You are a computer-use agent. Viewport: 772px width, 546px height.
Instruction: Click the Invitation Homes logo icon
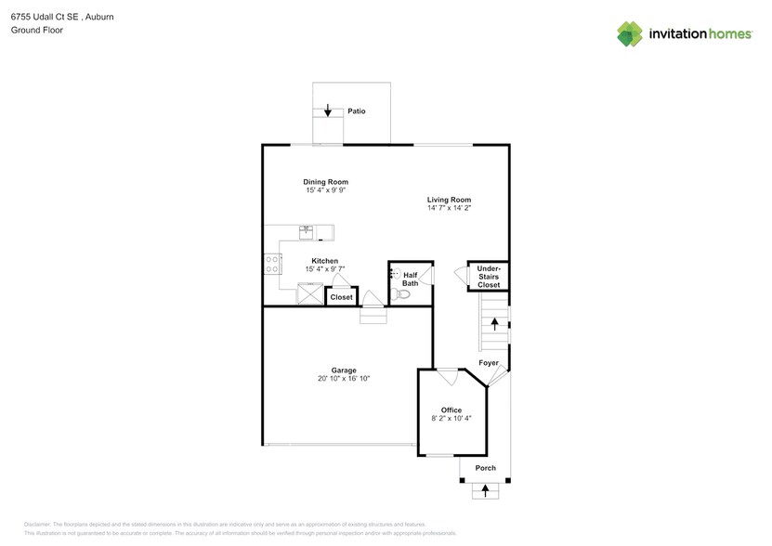[x=631, y=33]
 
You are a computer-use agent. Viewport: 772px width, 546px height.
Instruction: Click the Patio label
[x=357, y=111]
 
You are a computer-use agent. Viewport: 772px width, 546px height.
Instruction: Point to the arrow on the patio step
[x=327, y=110]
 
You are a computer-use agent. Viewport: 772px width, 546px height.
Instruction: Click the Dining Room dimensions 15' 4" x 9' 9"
[x=325, y=190]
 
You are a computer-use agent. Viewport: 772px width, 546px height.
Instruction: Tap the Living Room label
[x=449, y=200]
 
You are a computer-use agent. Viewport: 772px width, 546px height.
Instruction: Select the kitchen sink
[x=306, y=231]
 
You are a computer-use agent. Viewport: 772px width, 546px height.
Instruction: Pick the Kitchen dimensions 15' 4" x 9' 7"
[x=324, y=269]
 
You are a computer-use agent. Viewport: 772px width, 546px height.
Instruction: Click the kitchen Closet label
[x=341, y=297]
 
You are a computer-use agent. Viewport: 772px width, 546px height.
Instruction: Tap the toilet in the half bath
[x=401, y=294]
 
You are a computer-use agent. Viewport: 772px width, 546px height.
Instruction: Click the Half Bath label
[x=410, y=279]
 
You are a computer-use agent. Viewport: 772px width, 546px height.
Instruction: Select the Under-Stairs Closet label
[x=488, y=277]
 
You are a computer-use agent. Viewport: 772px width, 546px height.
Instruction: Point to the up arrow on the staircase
[x=494, y=324]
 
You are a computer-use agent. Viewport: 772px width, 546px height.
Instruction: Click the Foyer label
[x=488, y=363]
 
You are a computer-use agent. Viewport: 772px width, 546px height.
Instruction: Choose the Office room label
[x=451, y=409]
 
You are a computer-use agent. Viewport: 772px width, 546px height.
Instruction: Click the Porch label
[x=485, y=468]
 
